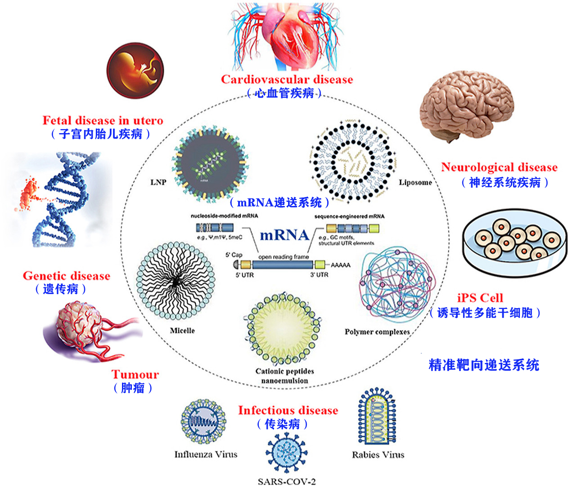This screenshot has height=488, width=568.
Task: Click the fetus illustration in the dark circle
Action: pyautogui.click(x=135, y=71)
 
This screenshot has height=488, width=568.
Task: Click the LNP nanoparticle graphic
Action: pyautogui.click(x=210, y=164)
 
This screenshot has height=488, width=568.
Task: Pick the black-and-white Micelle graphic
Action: pyautogui.click(x=175, y=281)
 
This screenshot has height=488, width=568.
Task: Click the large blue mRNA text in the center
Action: pyautogui.click(x=284, y=235)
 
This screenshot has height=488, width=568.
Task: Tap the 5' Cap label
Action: pyautogui.click(x=234, y=255)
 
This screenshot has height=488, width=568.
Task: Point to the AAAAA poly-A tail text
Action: pyautogui.click(x=340, y=265)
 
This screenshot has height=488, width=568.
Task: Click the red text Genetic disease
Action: pyautogui.click(x=67, y=276)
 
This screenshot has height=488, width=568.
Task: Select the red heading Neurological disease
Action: pyautogui.click(x=499, y=167)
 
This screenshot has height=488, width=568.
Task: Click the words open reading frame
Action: pyautogui.click(x=284, y=257)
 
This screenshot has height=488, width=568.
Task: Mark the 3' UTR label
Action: pyautogui.click(x=319, y=275)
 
